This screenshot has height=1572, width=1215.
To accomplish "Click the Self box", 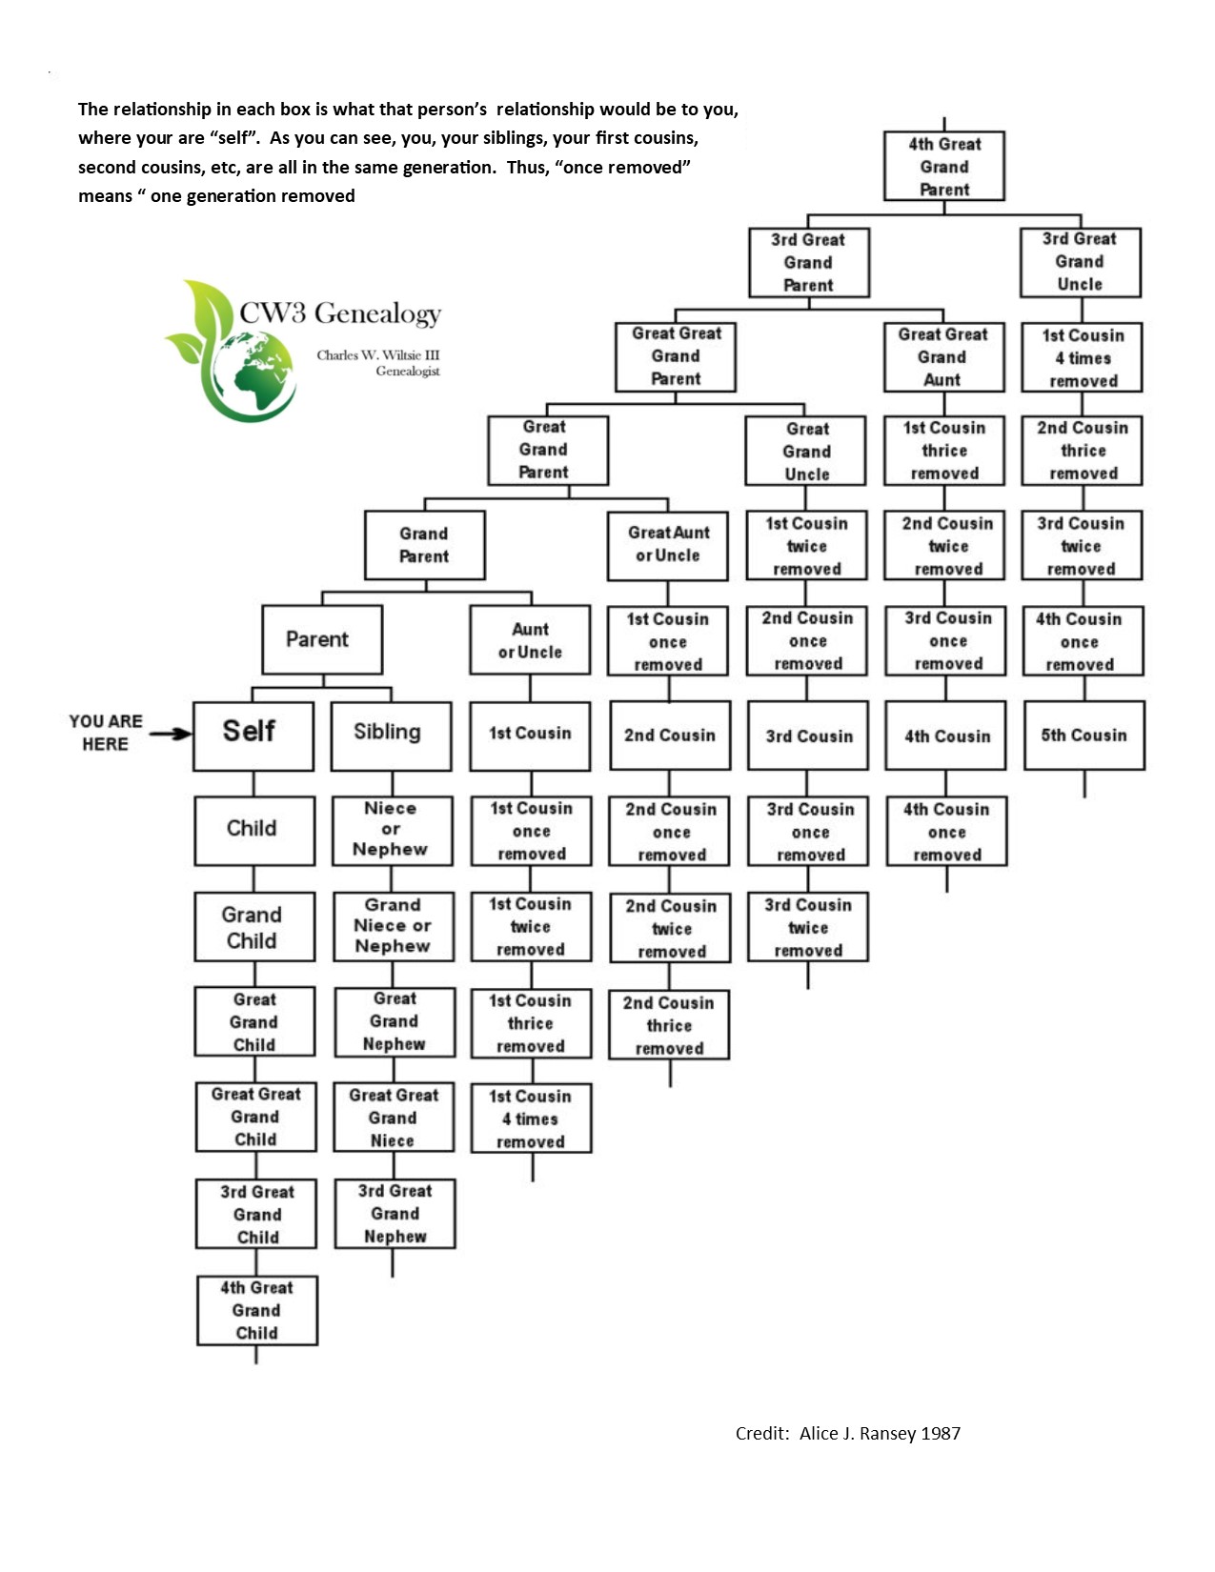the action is pyautogui.click(x=253, y=736).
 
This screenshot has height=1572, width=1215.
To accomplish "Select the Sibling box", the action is pyautogui.click(x=391, y=736).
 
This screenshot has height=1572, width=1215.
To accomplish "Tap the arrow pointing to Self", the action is pyautogui.click(x=171, y=734).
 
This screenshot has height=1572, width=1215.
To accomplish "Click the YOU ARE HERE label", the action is pyautogui.click(x=106, y=732).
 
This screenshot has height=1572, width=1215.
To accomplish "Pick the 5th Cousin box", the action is pyautogui.click(x=1084, y=735).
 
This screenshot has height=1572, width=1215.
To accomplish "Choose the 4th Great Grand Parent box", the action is pyautogui.click(x=943, y=166).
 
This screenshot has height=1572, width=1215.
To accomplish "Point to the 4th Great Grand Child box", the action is pyautogui.click(x=257, y=1310).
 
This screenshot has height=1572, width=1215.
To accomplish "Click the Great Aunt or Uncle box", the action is pyautogui.click(x=667, y=546).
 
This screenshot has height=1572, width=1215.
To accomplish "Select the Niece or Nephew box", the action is pyautogui.click(x=393, y=831).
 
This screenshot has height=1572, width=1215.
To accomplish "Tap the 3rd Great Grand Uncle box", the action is pyautogui.click(x=1081, y=262).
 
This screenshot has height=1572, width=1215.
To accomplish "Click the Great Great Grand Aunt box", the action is pyautogui.click(x=943, y=356).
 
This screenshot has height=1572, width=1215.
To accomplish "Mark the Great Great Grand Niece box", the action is pyautogui.click(x=394, y=1117).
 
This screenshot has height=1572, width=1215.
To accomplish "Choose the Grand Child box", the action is pyautogui.click(x=254, y=926).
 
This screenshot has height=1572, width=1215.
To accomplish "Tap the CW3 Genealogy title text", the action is pyautogui.click(x=340, y=312).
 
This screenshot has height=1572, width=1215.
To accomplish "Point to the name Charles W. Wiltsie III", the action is pyautogui.click(x=377, y=354).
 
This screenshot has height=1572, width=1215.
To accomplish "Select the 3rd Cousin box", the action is pyautogui.click(x=807, y=735).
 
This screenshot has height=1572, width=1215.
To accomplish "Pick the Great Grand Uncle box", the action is pyautogui.click(x=805, y=450).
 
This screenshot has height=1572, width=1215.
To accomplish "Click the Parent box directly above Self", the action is pyautogui.click(x=322, y=639).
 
